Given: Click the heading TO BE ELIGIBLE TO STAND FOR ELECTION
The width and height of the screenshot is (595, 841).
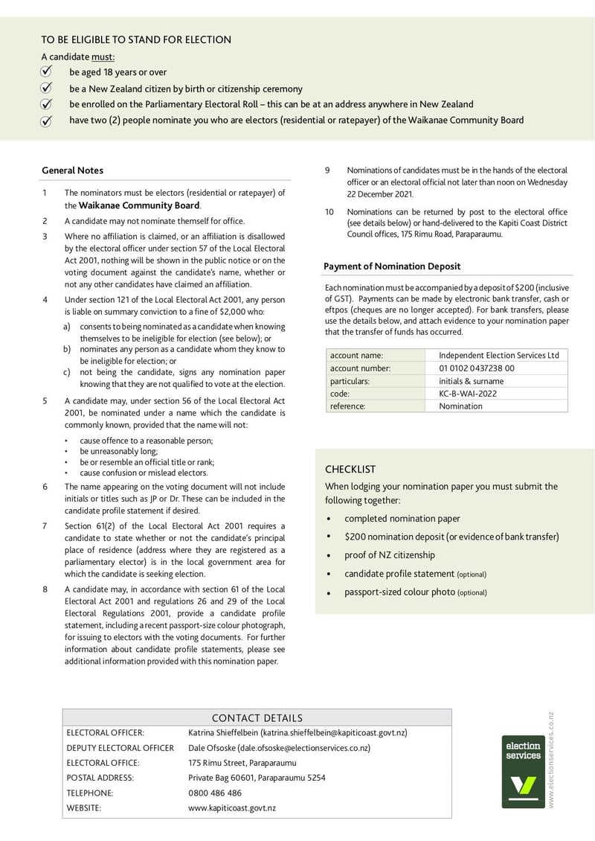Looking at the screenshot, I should [x=136, y=39].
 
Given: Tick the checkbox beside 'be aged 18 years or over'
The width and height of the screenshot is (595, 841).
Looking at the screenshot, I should [x=46, y=72].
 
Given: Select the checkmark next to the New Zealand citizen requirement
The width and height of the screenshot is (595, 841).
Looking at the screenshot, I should [x=46, y=89].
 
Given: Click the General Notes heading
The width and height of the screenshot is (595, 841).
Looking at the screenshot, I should [x=72, y=170].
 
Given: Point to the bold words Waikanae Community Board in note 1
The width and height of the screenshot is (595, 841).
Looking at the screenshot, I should [x=139, y=205].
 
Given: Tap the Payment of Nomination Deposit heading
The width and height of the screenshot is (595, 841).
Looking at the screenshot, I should [x=392, y=266].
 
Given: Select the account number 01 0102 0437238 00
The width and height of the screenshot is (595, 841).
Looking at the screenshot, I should [x=477, y=368].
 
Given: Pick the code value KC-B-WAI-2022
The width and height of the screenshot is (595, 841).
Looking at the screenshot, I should [x=468, y=393].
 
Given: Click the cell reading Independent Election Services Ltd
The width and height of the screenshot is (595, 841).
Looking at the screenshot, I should [x=498, y=355].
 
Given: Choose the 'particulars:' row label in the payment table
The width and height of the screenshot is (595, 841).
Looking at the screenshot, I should [x=350, y=380].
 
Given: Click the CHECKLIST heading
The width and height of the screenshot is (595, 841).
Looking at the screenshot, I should [x=350, y=470].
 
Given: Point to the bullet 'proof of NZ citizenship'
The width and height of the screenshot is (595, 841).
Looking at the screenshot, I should [x=390, y=555].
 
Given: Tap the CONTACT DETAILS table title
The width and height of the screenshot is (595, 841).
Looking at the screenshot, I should [x=257, y=718].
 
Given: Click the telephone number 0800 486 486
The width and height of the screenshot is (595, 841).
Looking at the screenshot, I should [x=215, y=793].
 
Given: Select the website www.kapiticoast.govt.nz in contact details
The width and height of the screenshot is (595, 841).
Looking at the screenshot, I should [x=232, y=808].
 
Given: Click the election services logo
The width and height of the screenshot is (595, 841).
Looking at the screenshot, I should [x=524, y=771].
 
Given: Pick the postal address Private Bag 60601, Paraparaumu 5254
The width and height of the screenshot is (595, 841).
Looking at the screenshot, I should [x=257, y=778].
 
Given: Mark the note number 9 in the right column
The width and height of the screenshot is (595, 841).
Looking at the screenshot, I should [x=327, y=170].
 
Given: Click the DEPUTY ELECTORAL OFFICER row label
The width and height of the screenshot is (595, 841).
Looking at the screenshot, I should [x=120, y=748].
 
